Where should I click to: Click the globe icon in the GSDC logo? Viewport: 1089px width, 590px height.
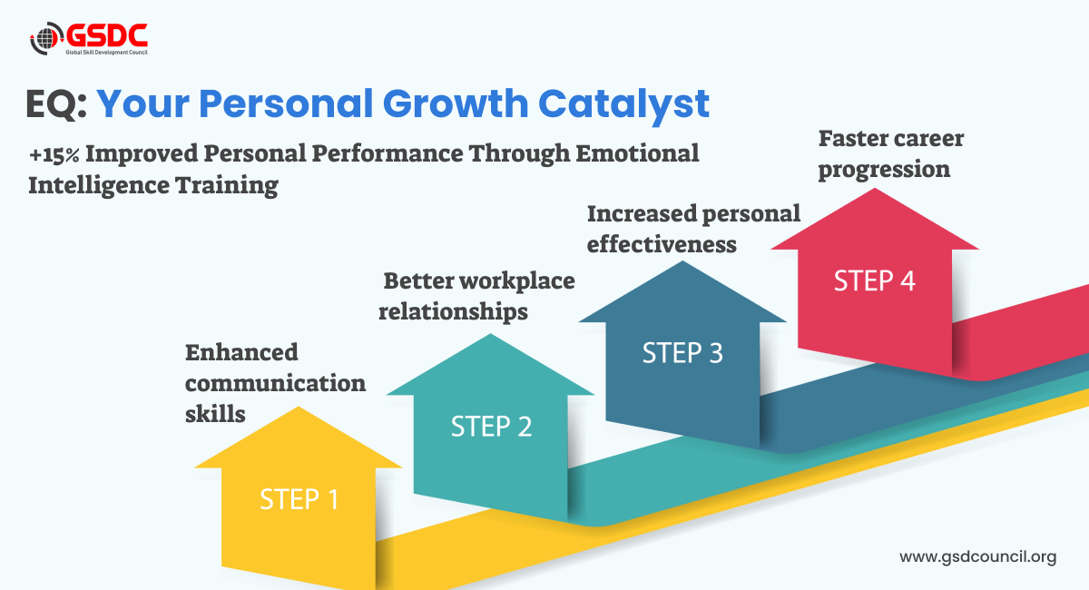coord(46,38)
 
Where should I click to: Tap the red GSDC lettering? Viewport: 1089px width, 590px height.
coord(106,35)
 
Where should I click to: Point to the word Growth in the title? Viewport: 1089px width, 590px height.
coord(456,103)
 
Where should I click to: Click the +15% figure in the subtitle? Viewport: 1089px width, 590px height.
coord(54,154)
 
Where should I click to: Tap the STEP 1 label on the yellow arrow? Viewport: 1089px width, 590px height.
coord(299,499)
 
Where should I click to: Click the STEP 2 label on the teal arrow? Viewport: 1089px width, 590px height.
coord(492,426)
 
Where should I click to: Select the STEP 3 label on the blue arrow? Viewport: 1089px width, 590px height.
coord(682,352)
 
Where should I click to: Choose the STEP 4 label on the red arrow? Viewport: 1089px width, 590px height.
coord(875,280)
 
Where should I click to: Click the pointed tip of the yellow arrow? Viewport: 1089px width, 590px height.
coord(299,408)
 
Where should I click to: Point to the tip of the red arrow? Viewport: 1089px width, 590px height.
coord(875,189)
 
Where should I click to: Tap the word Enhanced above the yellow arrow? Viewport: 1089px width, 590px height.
coord(241,352)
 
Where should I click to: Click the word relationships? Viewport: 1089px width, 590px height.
coord(453,311)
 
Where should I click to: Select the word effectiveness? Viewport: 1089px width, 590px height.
coord(662,244)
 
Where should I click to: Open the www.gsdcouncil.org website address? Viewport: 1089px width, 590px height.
coord(978,557)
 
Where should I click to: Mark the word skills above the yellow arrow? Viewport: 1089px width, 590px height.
coord(215,414)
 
